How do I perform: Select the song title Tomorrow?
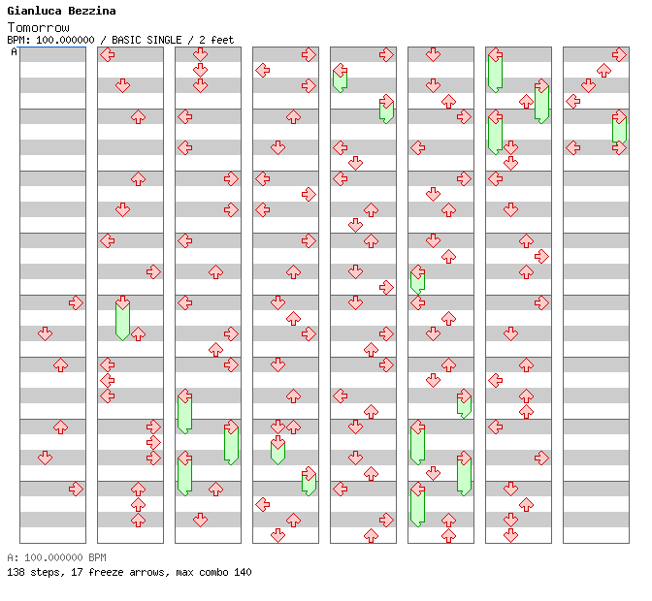tap(38, 26)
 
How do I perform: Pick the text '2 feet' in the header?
tap(216, 40)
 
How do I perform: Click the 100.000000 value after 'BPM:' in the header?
tap(67, 40)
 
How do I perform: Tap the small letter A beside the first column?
tap(14, 51)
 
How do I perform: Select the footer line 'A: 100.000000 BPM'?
tap(55, 557)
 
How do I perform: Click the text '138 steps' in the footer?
tap(29, 572)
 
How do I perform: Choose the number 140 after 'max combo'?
tap(242, 572)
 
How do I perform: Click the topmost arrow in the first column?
tap(76, 302)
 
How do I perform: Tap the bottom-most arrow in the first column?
tap(76, 489)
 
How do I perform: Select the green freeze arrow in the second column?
tap(122, 318)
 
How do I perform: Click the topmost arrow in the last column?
tap(619, 54)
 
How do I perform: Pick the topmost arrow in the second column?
tap(107, 54)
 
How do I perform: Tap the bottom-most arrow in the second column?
tap(138, 520)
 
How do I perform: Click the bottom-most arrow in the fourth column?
tap(277, 535)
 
